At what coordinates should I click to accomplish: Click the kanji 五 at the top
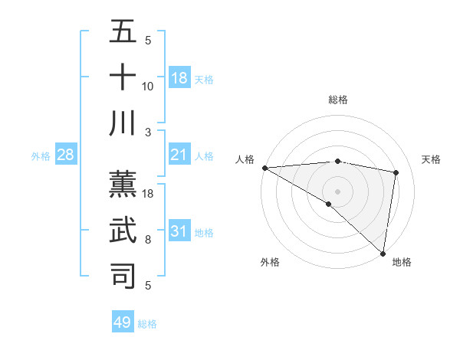click(x=123, y=33)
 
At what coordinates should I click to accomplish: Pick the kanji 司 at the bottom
click(x=123, y=274)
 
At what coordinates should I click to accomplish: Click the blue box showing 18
click(x=179, y=78)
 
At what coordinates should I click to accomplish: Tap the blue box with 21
click(x=179, y=155)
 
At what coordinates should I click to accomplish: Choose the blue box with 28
click(x=66, y=155)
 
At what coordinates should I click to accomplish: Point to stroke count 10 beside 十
click(x=148, y=87)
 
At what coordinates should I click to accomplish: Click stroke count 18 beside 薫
click(x=148, y=194)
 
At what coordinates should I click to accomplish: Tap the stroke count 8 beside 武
click(x=148, y=240)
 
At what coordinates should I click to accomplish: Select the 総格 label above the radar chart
click(x=337, y=100)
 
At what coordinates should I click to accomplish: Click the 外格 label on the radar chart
click(x=270, y=262)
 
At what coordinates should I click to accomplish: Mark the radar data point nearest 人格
click(x=264, y=168)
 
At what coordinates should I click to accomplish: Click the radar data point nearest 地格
click(x=383, y=253)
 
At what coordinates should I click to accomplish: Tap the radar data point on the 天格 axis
click(x=396, y=172)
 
